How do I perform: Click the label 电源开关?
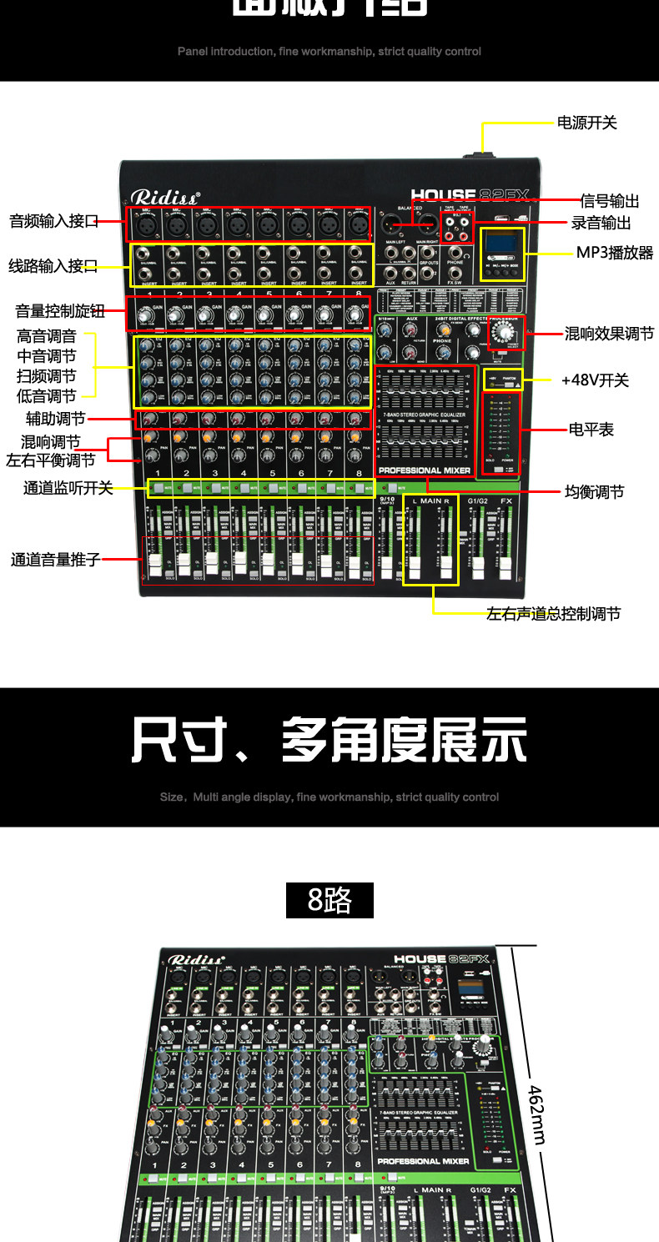pyautogui.click(x=586, y=123)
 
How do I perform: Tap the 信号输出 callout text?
pyautogui.click(x=610, y=201)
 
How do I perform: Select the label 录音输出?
pyautogui.click(x=601, y=223)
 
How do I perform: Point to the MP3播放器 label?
pyautogui.click(x=615, y=252)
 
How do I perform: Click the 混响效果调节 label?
pyautogui.click(x=609, y=334)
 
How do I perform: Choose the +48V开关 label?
pyautogui.click(x=595, y=380)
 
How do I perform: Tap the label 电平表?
pyautogui.click(x=591, y=430)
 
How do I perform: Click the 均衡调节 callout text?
pyautogui.click(x=594, y=492)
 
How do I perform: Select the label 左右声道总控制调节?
pyautogui.click(x=553, y=614)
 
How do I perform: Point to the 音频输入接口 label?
pyautogui.click(x=53, y=221)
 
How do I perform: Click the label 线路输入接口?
pyautogui.click(x=53, y=266)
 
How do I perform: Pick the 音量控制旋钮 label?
pyautogui.click(x=60, y=311)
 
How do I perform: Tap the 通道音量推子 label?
pyautogui.click(x=55, y=560)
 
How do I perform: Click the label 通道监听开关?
pyautogui.click(x=68, y=488)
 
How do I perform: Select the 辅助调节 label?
pyautogui.click(x=55, y=419)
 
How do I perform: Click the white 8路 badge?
pyautogui.click(x=329, y=900)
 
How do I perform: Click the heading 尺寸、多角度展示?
pyautogui.click(x=329, y=740)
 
